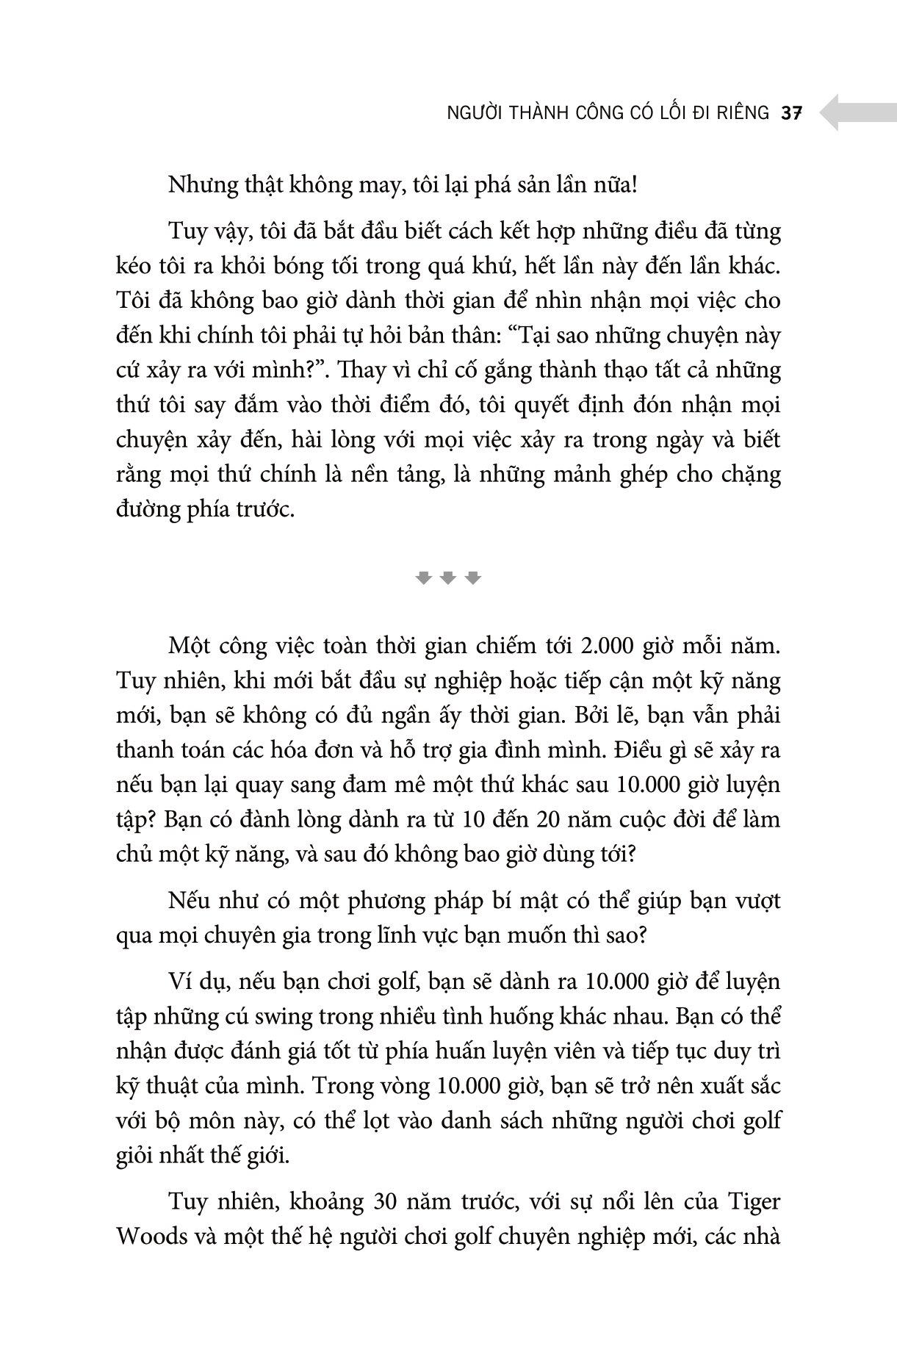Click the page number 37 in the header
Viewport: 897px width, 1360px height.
pos(791,113)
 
